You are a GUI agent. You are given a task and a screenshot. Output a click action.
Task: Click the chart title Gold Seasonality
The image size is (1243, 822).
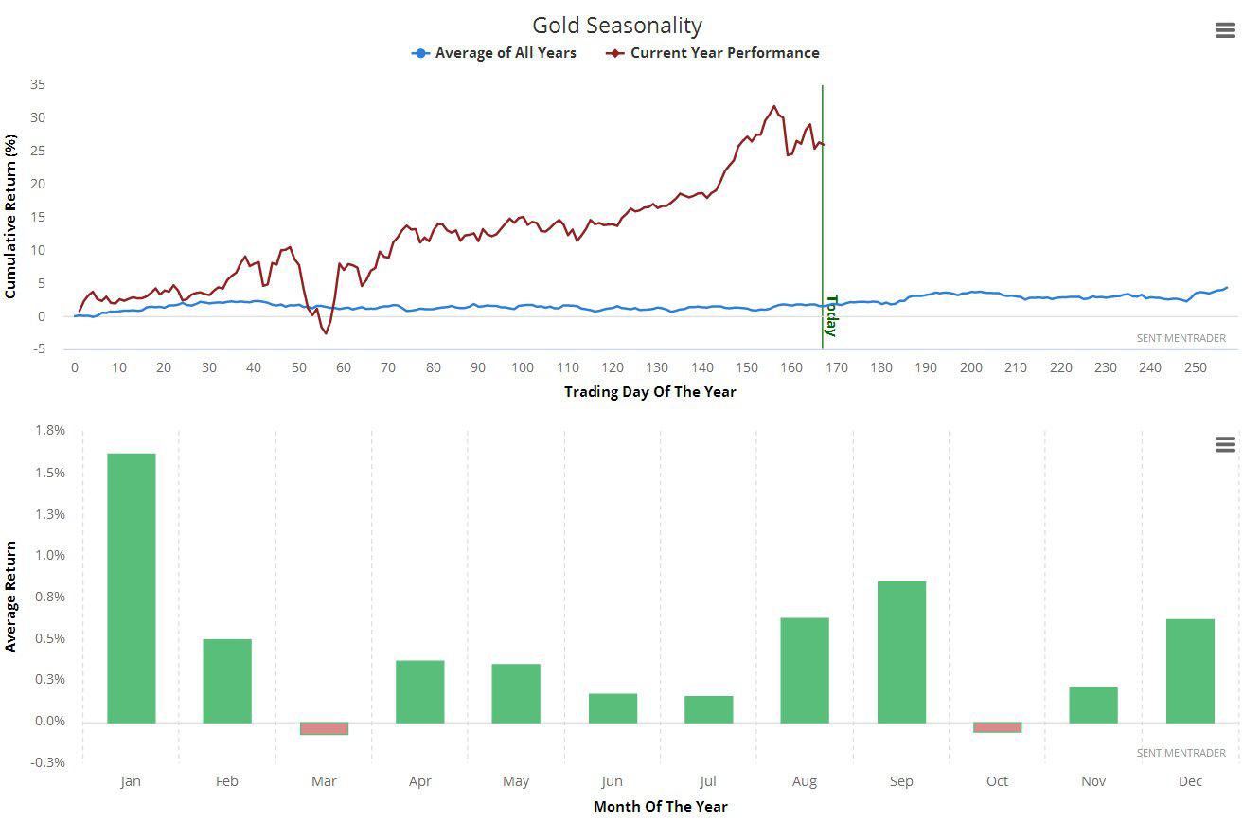617,26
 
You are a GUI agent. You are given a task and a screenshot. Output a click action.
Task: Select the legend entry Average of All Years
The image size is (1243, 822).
505,53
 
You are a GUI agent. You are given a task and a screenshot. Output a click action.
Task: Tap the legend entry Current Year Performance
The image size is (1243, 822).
724,53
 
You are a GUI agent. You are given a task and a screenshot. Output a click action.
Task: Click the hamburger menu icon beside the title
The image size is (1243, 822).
1225,30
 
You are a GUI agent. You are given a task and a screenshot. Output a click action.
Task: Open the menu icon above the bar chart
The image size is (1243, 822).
1225,444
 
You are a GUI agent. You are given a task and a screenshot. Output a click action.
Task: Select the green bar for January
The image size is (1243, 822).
132,587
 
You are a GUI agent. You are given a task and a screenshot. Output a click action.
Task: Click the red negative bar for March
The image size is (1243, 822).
324,728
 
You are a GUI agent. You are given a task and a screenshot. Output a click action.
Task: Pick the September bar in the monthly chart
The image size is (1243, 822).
901,652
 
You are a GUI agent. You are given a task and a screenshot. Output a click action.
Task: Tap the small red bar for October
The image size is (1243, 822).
998,727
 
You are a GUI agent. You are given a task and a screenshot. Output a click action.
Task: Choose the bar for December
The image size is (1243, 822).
1190,670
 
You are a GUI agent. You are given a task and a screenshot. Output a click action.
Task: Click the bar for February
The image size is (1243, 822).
227,681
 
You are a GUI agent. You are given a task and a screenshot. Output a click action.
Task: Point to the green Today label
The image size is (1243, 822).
831,315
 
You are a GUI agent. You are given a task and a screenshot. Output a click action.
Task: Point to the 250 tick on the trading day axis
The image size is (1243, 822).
1196,367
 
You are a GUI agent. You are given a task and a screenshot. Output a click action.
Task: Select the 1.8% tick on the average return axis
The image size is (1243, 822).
52,430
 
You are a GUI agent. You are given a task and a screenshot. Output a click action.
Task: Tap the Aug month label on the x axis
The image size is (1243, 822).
805,781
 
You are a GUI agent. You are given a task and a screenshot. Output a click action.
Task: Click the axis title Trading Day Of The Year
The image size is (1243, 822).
649,391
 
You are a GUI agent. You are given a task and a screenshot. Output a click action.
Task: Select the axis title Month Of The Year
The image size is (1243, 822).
661,807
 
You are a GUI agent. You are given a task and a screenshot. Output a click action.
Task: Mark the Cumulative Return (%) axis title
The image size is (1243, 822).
11,216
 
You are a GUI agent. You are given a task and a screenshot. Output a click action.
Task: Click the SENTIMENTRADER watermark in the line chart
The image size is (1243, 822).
1181,338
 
